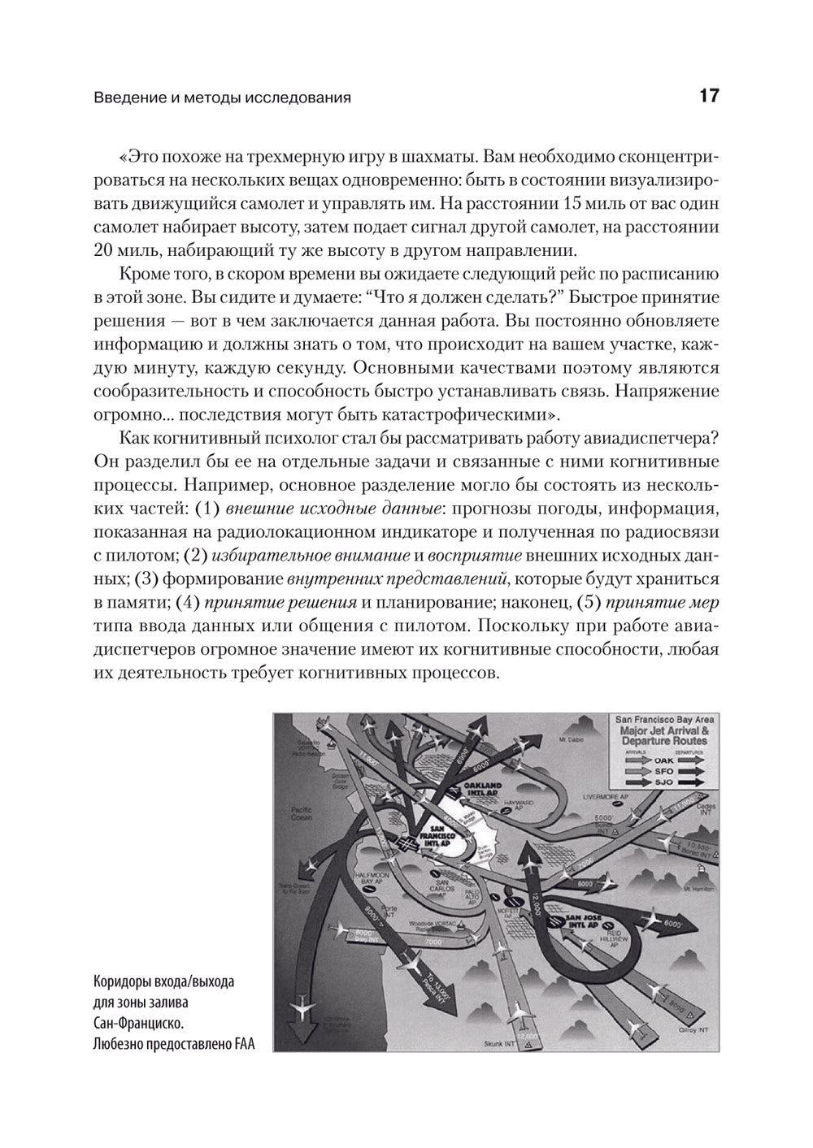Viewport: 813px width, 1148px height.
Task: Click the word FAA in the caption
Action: tap(241, 1045)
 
